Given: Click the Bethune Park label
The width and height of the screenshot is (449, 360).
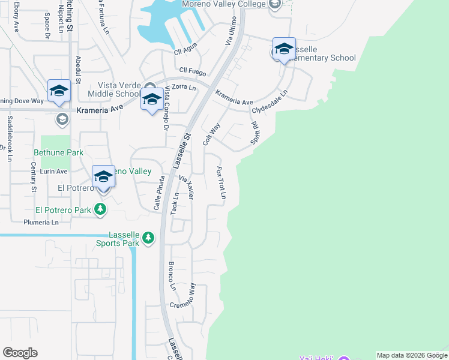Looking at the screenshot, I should click(58, 153).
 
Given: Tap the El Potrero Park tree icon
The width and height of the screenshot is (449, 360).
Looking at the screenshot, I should click(100, 210).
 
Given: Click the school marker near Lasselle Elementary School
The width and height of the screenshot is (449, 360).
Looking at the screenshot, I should click(284, 49).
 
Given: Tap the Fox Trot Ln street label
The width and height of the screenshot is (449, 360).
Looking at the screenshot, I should click(221, 183).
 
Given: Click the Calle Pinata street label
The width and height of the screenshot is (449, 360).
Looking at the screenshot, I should click(158, 193).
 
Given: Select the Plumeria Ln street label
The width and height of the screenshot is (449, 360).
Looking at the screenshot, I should click(41, 222).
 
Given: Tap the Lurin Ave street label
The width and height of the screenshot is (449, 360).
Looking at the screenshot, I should click(53, 171).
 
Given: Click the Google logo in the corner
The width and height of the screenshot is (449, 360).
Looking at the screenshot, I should click(20, 353).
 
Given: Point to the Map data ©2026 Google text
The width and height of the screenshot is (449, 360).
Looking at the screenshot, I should click(412, 355).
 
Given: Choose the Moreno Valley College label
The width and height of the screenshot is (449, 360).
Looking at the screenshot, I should click(231, 4).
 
